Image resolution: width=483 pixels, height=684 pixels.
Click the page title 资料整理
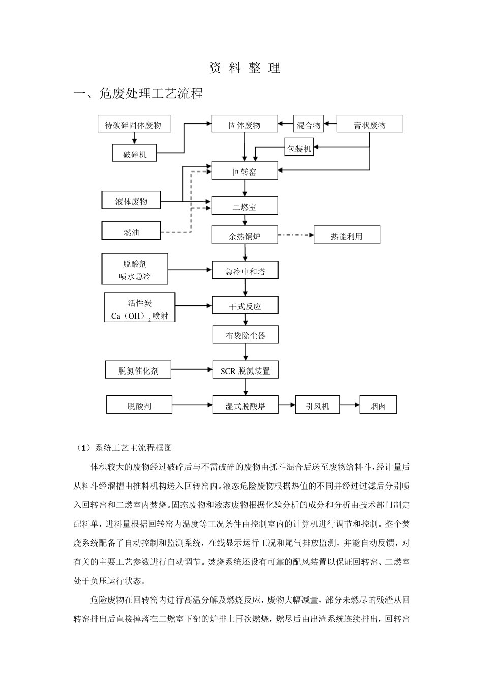coord(245,68)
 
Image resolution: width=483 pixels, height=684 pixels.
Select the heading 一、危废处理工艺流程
coord(138,93)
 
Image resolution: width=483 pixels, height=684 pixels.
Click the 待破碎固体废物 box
coord(134,124)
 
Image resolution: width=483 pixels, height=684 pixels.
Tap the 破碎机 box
coord(134,154)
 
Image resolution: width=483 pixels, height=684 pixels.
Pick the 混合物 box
coord(309,124)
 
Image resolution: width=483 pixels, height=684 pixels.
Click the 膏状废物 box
coord(370,124)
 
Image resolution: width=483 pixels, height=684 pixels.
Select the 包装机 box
coord(299,148)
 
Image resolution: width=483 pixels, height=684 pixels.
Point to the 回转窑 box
coord(245,172)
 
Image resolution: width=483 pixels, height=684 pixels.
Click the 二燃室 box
coord(245,206)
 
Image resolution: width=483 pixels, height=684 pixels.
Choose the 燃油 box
coord(131,231)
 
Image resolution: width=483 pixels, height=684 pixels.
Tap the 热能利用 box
coord(347,235)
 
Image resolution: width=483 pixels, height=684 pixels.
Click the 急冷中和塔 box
coord(245,271)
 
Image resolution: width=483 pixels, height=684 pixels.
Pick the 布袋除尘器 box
coord(245,335)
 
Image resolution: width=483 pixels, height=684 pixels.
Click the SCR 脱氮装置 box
coord(245,370)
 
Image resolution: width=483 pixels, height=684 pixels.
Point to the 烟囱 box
coord(378,405)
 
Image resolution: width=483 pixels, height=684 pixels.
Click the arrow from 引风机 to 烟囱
coord(350,405)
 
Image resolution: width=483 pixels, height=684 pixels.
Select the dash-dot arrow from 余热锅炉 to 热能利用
coord(296,235)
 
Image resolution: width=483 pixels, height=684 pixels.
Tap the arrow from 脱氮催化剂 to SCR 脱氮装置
coord(192,370)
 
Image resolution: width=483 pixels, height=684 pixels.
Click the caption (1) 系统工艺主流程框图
coord(125,448)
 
